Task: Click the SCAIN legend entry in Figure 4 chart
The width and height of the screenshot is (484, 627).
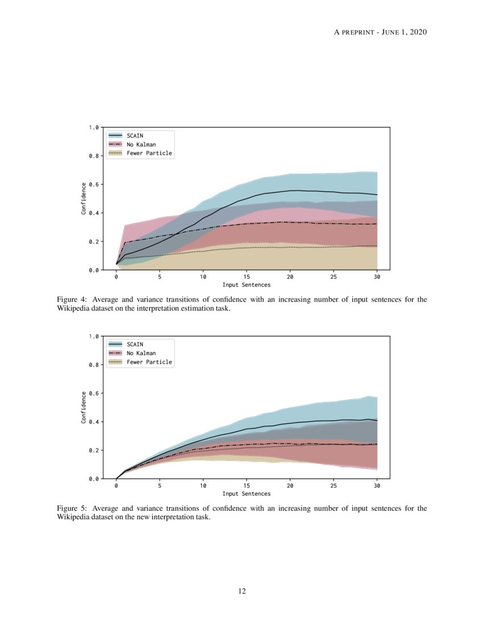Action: click(135, 136)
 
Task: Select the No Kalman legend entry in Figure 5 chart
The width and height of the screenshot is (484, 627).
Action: click(141, 353)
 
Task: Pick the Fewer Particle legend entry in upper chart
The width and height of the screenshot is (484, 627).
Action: click(149, 153)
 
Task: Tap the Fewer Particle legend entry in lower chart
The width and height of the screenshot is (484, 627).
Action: click(149, 362)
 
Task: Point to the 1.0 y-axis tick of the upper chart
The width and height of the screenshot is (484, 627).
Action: click(93, 128)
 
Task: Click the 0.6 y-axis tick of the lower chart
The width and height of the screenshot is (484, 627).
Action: click(93, 393)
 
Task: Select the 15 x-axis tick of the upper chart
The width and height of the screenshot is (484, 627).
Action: click(247, 276)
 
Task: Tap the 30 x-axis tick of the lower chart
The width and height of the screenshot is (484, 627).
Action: click(377, 486)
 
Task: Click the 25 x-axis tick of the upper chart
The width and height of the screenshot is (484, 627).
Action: click(334, 276)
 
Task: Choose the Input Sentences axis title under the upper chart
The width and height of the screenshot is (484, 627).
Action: click(247, 284)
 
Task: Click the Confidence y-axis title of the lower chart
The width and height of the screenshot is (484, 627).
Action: click(84, 407)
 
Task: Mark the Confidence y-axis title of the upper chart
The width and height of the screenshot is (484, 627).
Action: click(84, 198)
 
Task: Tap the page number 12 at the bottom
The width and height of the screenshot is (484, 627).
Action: click(242, 591)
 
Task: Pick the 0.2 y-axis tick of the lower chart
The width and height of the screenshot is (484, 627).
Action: click(93, 450)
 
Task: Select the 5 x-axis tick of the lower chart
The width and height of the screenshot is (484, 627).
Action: click(159, 486)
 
